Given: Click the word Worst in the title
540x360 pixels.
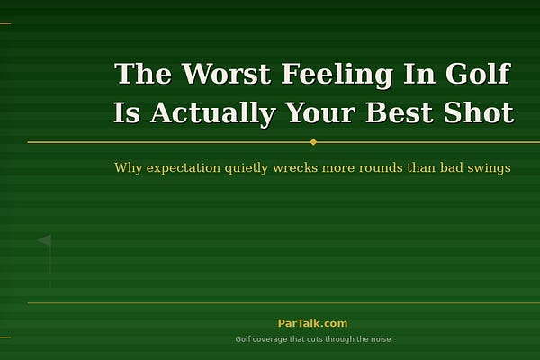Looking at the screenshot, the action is click(226, 74).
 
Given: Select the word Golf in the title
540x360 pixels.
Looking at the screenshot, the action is click(478, 74).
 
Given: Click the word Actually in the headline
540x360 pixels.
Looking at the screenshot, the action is click(212, 114).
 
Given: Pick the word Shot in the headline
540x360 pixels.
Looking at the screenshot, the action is click(479, 112).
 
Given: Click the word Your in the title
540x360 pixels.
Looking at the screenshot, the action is click(320, 112).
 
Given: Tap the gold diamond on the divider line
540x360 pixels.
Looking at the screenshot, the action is click(313, 142).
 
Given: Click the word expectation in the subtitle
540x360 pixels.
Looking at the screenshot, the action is click(184, 168).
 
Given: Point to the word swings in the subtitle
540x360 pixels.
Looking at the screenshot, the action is click(489, 168).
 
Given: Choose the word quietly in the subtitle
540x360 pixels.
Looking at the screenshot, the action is click(247, 168).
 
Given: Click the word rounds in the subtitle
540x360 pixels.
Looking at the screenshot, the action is click(381, 168).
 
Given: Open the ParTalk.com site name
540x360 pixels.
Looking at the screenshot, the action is click(312, 323).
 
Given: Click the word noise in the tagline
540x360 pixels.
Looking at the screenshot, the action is click(381, 339).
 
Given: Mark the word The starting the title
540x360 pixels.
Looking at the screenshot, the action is click(142, 74).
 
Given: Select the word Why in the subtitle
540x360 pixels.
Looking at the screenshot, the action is click(128, 168).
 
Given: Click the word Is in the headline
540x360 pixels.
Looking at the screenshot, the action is click(127, 112).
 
